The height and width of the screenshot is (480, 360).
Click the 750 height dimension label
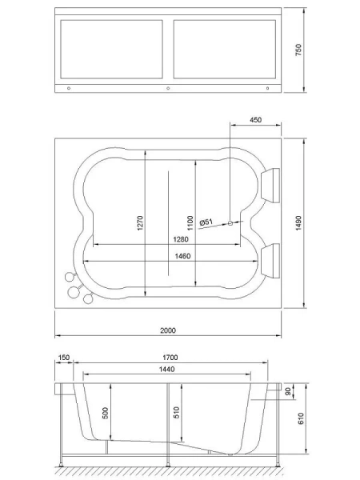[298, 50]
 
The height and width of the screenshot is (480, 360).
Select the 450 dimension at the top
[255, 120]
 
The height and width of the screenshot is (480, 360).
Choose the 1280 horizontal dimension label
[182, 239]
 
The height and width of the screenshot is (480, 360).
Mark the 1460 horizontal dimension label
[182, 256]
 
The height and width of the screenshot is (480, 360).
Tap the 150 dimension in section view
[63, 358]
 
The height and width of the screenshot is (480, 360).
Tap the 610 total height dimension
[298, 420]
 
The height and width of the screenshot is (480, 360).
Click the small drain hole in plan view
[230, 223]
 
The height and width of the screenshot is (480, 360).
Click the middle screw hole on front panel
[167, 87]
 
